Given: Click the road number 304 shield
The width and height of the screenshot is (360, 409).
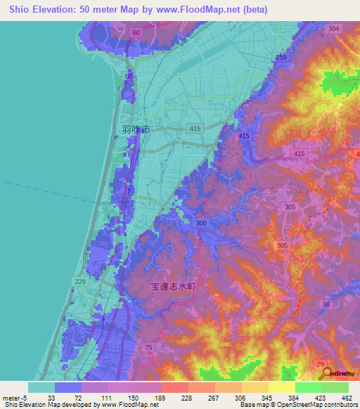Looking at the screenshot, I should pyautogui.click(x=333, y=28).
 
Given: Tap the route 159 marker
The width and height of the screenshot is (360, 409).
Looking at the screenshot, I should pyautogui.click(x=281, y=57).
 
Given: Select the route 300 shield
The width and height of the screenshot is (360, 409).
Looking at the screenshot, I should pyautogui.click(x=202, y=223).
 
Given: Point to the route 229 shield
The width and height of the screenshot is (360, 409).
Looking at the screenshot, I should pyautogui.click(x=81, y=281).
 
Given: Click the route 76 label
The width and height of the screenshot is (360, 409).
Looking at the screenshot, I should pyautogui.click(x=326, y=304).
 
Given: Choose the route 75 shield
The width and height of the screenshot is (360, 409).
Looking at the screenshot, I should pyautogui.click(x=148, y=347).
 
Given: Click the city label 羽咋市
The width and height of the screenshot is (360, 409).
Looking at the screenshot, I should pyautogui.click(x=136, y=129).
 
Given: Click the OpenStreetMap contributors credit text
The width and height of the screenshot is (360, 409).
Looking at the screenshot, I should pyautogui.click(x=305, y=405).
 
